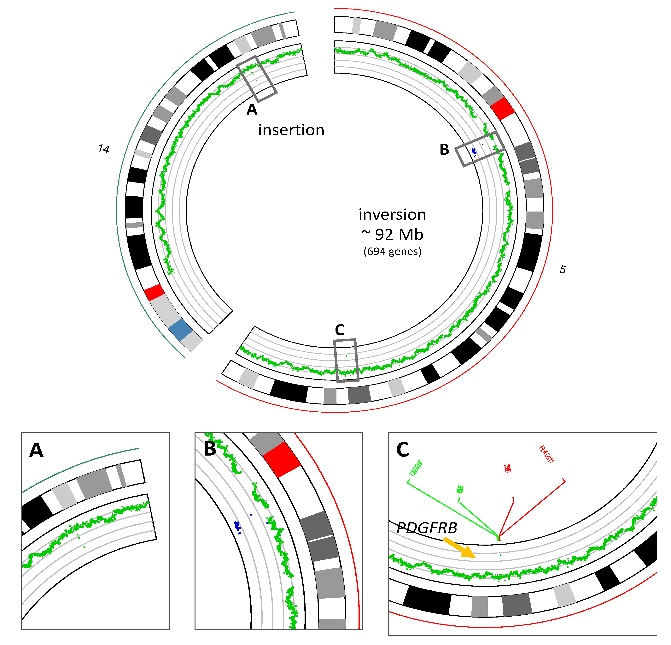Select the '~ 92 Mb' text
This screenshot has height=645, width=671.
392,235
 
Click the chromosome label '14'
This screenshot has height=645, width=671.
103,149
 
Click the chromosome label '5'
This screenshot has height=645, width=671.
563,270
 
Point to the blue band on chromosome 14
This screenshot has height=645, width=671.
180,330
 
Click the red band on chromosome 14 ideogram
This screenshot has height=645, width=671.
154,292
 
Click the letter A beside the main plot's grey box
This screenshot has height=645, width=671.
252,109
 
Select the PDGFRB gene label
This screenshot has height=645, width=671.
427,528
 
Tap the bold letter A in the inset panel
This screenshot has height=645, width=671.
36,451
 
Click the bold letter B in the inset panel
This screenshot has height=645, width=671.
210,449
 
